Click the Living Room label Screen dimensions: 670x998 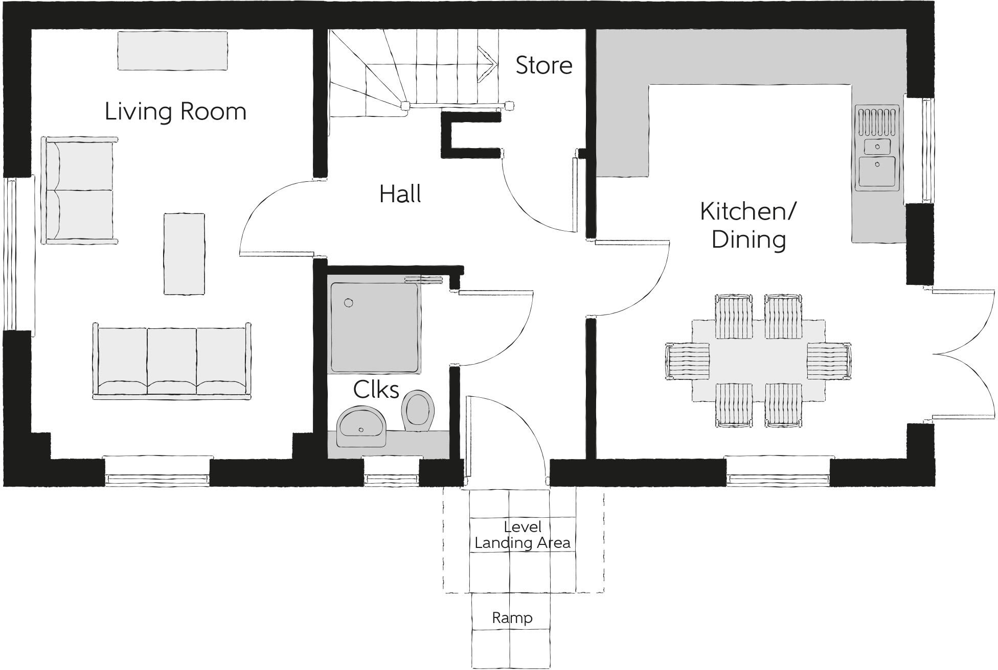[175, 111]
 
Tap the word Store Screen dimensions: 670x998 [543, 65]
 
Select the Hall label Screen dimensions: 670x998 [400, 194]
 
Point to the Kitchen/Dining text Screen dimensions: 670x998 [748, 225]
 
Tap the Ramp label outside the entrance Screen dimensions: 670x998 [512, 618]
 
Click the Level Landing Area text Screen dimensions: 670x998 [522, 535]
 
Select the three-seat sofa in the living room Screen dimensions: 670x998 [172, 362]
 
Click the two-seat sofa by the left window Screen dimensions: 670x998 [79, 189]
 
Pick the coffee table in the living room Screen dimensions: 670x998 [184, 254]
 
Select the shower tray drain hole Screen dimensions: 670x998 [349, 303]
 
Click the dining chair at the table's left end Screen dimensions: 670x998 [687, 361]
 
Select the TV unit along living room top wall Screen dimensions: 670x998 [172, 51]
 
